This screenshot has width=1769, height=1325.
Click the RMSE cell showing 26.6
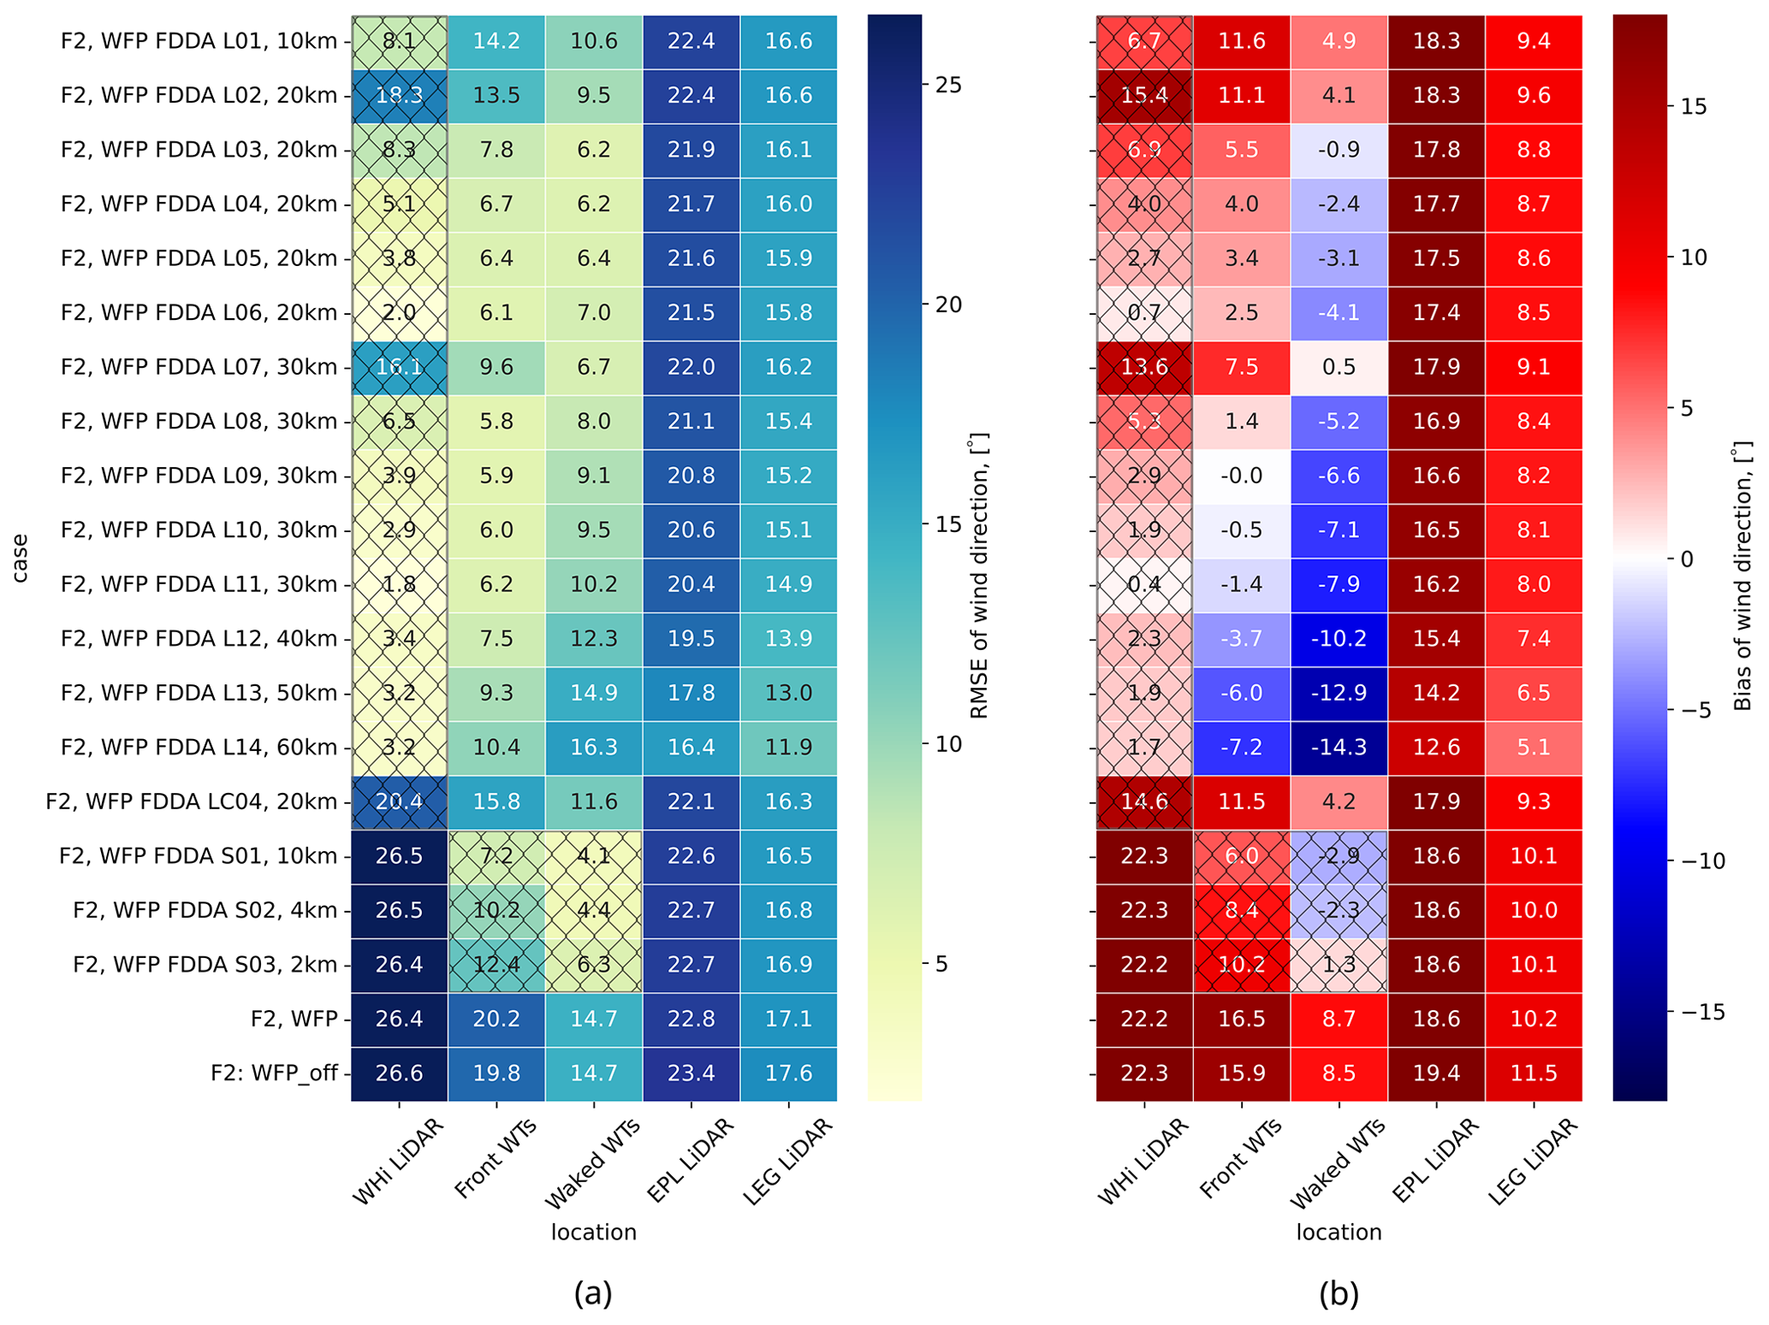tap(399, 1074)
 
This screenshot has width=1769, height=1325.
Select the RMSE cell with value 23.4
tap(691, 1074)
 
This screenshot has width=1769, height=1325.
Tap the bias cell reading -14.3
tap(1339, 748)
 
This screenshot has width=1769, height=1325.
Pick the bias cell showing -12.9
tap(1339, 693)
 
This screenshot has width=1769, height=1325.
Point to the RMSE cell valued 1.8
tap(399, 584)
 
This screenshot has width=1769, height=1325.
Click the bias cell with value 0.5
tap(1339, 367)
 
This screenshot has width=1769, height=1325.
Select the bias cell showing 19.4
tap(1436, 1074)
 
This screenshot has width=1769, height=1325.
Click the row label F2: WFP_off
tap(274, 1074)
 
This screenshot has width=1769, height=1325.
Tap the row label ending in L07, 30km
tap(199, 367)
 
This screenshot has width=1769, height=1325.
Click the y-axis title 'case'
tap(20, 558)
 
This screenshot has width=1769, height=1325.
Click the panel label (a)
tap(593, 1294)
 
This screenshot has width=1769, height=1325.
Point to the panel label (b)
tap(1339, 1294)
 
